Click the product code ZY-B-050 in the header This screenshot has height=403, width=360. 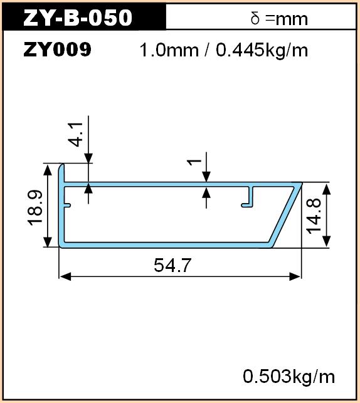[78, 18]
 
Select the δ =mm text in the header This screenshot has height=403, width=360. [279, 19]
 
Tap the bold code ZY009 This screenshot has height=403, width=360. [57, 50]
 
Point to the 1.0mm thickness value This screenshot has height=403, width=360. [169, 50]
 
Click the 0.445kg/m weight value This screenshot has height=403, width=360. [262, 50]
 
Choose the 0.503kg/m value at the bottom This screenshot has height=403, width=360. [289, 377]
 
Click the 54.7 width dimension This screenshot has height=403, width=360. [172, 265]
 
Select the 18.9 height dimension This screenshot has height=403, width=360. [35, 207]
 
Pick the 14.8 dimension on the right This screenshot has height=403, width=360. [314, 216]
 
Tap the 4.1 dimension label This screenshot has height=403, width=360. [76, 134]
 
